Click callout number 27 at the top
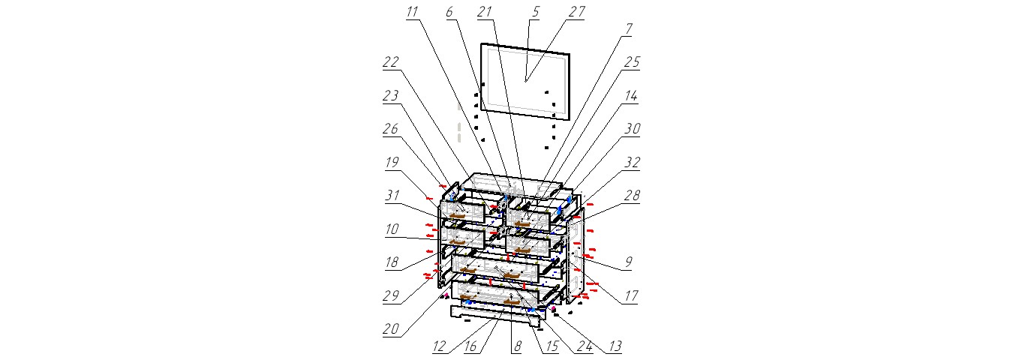[x=577, y=12]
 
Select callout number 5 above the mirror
[x=535, y=12]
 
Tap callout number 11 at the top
[x=413, y=12]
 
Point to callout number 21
[x=484, y=12]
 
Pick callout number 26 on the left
[x=389, y=128]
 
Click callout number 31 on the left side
[x=389, y=193]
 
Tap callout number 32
[x=632, y=161]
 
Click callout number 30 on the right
[x=633, y=128]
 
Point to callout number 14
[x=631, y=96]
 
